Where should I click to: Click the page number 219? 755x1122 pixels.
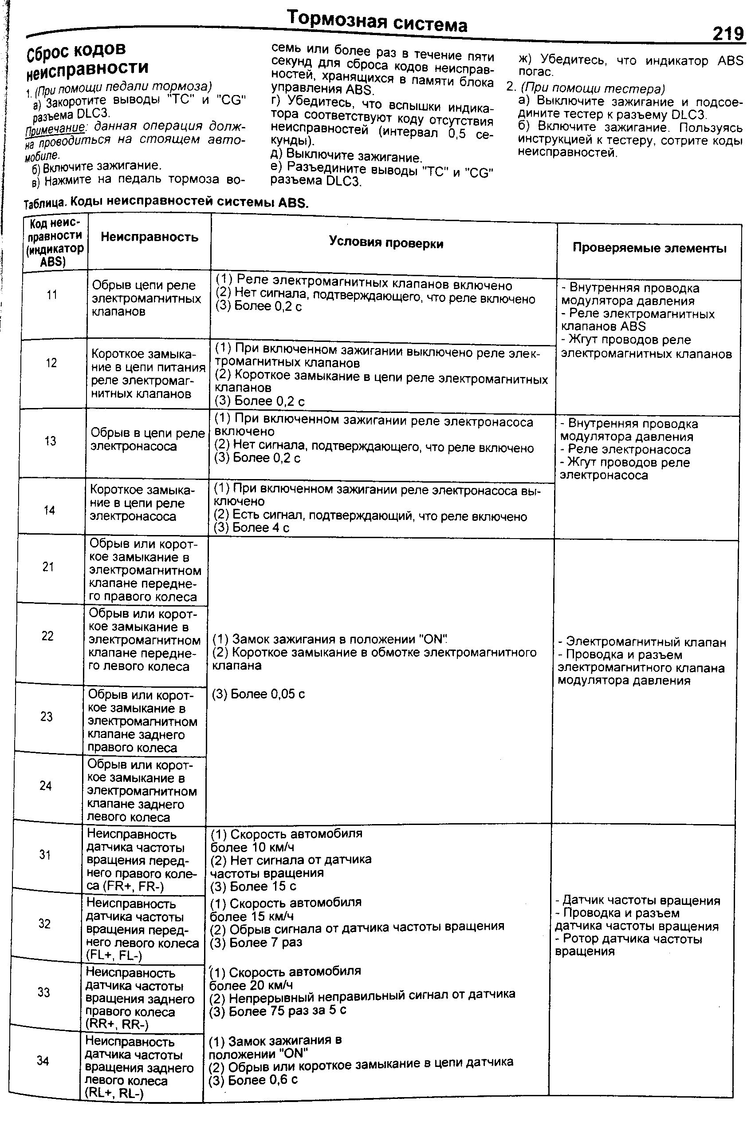pos(727,34)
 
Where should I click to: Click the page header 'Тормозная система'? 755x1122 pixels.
pos(377,22)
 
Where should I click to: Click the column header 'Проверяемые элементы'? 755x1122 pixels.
pos(649,248)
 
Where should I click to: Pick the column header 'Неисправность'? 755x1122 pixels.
pos(149,237)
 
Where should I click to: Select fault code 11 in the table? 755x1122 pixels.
pos(52,294)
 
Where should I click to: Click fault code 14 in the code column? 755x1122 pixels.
pos(49,510)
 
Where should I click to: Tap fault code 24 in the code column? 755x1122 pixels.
pos(45,786)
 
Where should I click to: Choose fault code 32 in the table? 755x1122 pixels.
pos(44,924)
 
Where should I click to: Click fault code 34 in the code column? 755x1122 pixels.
pos(43,1060)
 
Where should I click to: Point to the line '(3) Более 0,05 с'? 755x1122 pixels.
pos(259,694)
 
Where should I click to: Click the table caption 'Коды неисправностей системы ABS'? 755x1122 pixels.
pos(188,202)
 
